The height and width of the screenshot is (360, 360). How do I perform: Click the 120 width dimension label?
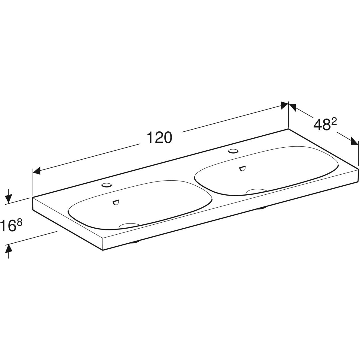[x=159, y=137]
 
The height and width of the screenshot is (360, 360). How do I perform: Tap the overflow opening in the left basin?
[x=116, y=202]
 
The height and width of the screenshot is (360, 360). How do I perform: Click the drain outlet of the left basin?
[x=129, y=225]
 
